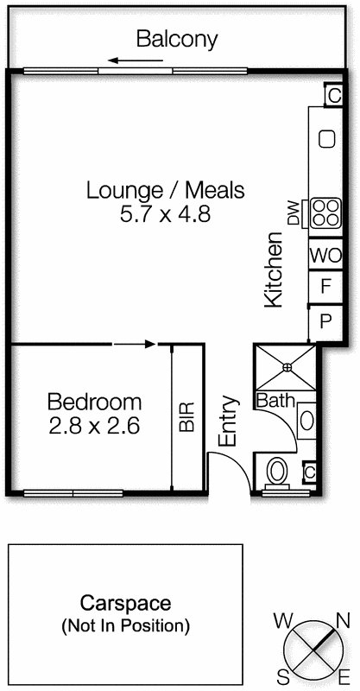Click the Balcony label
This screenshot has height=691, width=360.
[177, 39]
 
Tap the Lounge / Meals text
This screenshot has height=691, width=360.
[166, 190]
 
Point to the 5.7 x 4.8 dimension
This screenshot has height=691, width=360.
[166, 212]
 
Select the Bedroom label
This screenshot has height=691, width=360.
[94, 402]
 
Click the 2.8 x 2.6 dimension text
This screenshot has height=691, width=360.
[94, 425]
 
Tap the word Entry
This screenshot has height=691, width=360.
[228, 421]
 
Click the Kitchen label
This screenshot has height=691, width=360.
[274, 269]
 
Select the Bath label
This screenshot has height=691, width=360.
[275, 402]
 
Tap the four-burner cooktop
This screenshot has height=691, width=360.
[326, 212]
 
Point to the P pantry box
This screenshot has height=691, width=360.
[326, 320]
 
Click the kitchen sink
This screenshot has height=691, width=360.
[327, 138]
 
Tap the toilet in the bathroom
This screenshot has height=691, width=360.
[277, 471]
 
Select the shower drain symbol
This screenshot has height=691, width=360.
[287, 367]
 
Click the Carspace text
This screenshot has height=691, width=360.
[125, 603]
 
